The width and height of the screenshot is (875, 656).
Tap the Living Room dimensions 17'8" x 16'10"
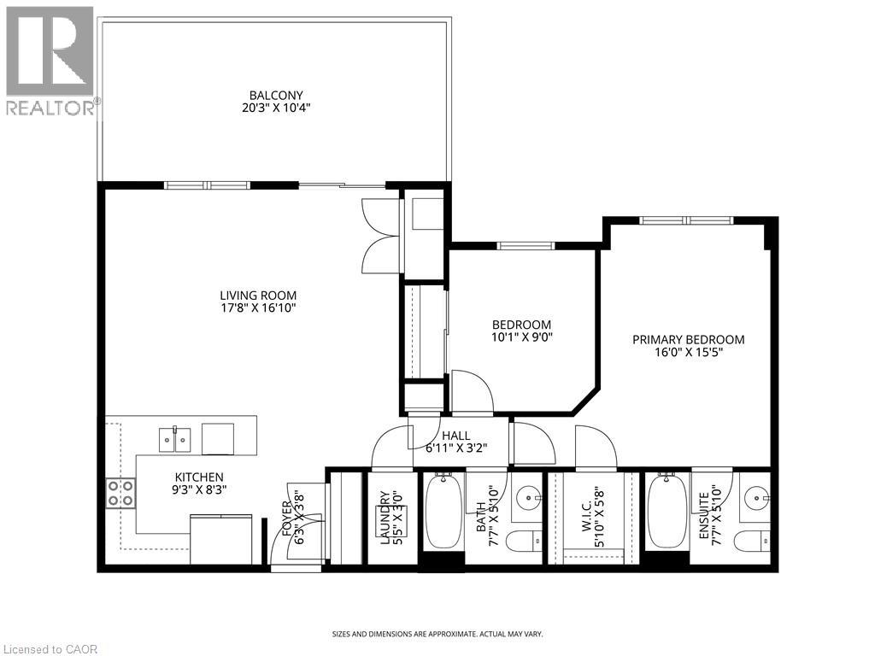click(257, 308)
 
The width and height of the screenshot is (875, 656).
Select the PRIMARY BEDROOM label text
click(688, 339)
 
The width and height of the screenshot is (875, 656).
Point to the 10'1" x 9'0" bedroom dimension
click(521, 337)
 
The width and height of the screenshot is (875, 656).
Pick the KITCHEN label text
click(199, 477)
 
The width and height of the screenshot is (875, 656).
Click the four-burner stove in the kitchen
click(120, 492)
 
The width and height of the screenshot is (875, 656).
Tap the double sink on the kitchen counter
click(175, 439)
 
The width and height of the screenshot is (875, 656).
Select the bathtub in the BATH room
click(443, 512)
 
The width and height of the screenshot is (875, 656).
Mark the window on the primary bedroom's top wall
click(686, 220)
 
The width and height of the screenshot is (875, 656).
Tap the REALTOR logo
click(50, 60)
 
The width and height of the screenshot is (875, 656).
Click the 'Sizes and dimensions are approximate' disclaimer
click(437, 634)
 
